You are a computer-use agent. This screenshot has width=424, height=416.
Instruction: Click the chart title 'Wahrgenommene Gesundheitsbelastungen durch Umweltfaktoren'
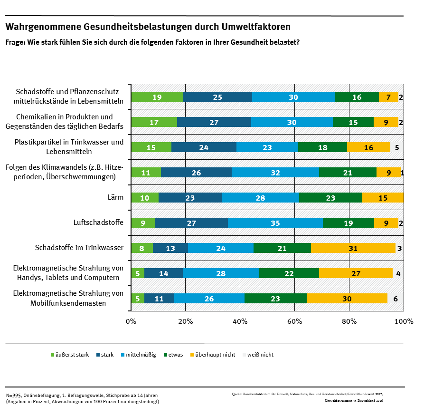click(x=148, y=27)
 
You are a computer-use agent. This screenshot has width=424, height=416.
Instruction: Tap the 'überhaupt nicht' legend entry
click(x=216, y=355)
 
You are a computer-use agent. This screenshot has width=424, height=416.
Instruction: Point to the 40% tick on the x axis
click(x=240, y=321)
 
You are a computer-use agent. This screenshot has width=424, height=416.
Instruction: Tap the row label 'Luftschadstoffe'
click(x=98, y=222)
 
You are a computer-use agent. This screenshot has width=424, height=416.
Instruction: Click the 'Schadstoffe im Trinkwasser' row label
click(x=79, y=248)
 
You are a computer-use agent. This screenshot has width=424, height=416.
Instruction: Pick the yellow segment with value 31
click(x=353, y=248)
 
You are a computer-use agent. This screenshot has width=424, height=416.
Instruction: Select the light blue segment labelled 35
click(x=275, y=223)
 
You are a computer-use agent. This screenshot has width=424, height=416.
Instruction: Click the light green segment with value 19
click(x=157, y=97)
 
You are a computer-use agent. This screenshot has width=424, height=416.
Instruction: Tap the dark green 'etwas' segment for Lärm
click(x=330, y=197)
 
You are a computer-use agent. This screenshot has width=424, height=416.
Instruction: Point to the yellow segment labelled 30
click(x=347, y=298)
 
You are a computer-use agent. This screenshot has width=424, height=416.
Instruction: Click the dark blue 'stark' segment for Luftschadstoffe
click(x=191, y=223)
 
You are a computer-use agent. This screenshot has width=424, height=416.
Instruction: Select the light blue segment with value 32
click(x=275, y=172)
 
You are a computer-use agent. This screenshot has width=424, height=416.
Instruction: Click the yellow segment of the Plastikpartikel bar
click(x=368, y=147)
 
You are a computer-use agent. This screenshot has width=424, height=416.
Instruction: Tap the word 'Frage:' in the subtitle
click(x=16, y=42)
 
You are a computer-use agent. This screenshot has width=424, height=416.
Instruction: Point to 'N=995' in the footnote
click(x=14, y=396)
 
